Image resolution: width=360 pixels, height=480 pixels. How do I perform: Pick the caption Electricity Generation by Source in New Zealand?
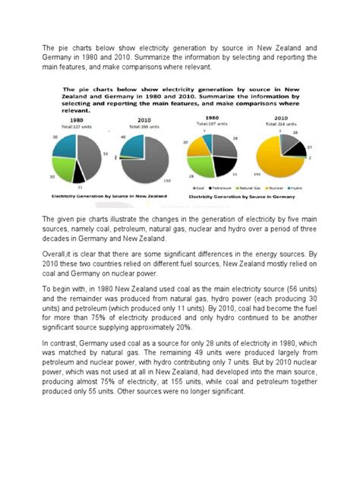(93, 196)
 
